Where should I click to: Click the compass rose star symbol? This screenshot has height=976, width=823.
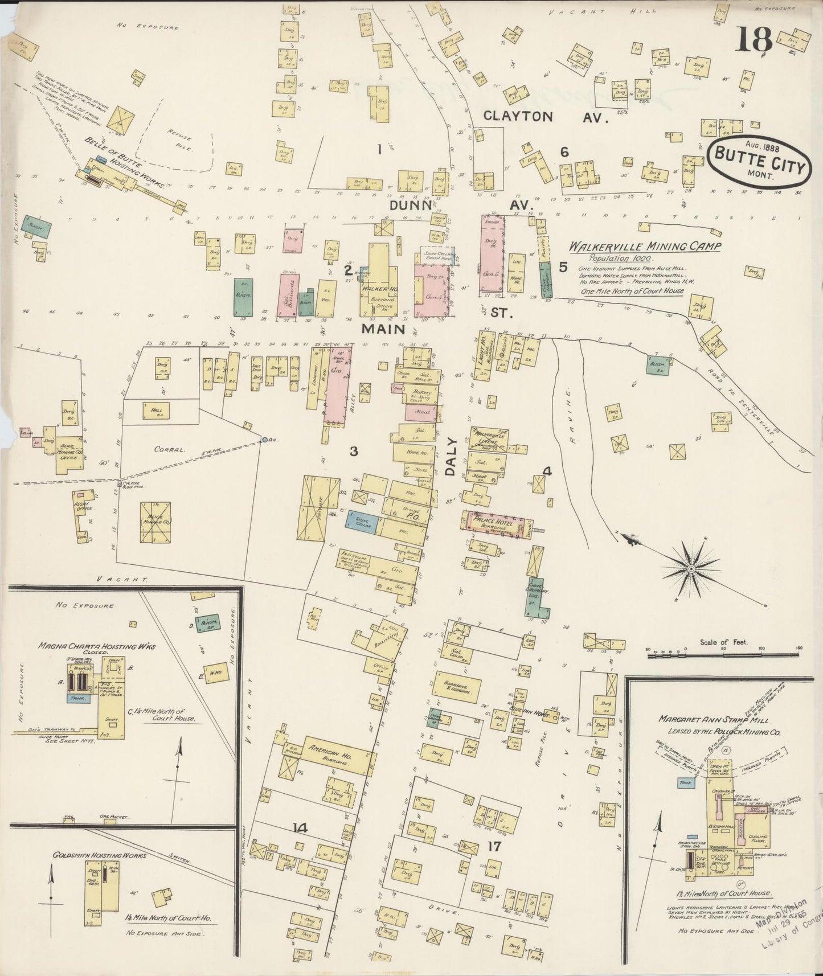point(691,568)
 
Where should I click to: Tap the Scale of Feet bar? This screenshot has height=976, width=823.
point(723,655)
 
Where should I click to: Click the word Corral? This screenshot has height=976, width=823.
point(171,449)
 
